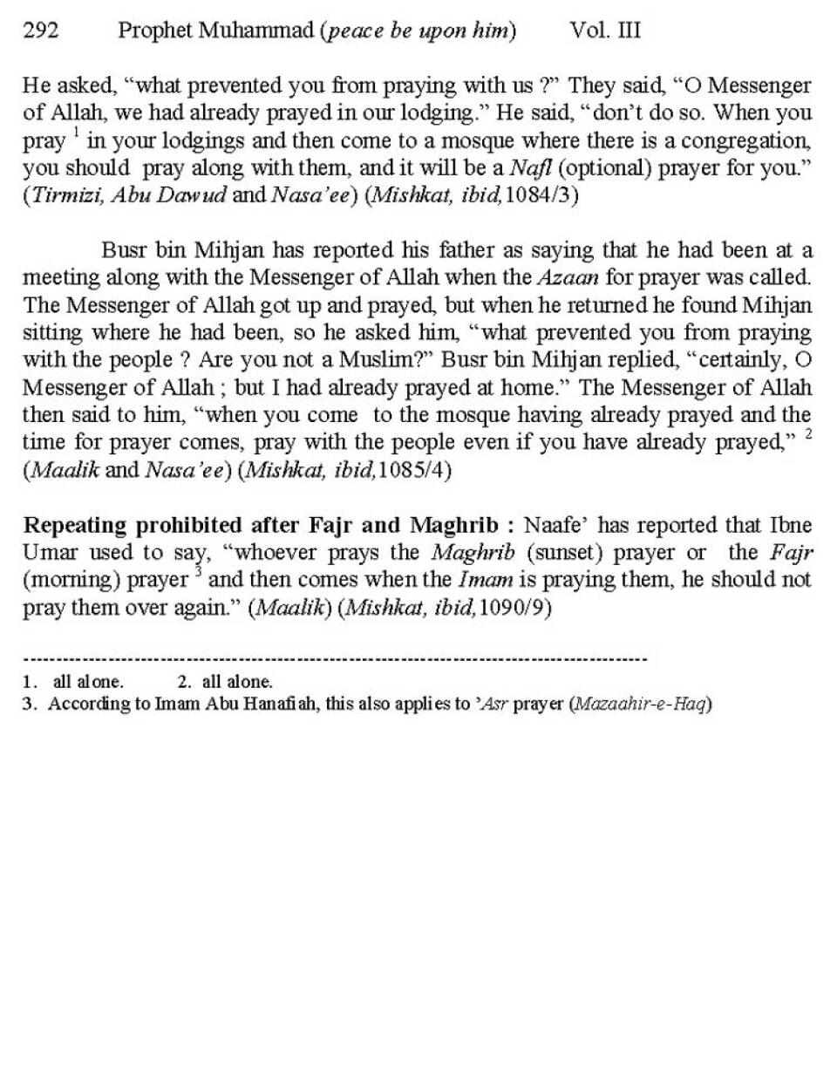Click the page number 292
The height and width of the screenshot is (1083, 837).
tap(40, 31)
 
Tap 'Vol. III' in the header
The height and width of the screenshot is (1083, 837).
tap(605, 31)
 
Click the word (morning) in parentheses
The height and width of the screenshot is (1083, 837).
tap(71, 581)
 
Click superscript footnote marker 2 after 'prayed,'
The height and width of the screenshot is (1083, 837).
tap(808, 433)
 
